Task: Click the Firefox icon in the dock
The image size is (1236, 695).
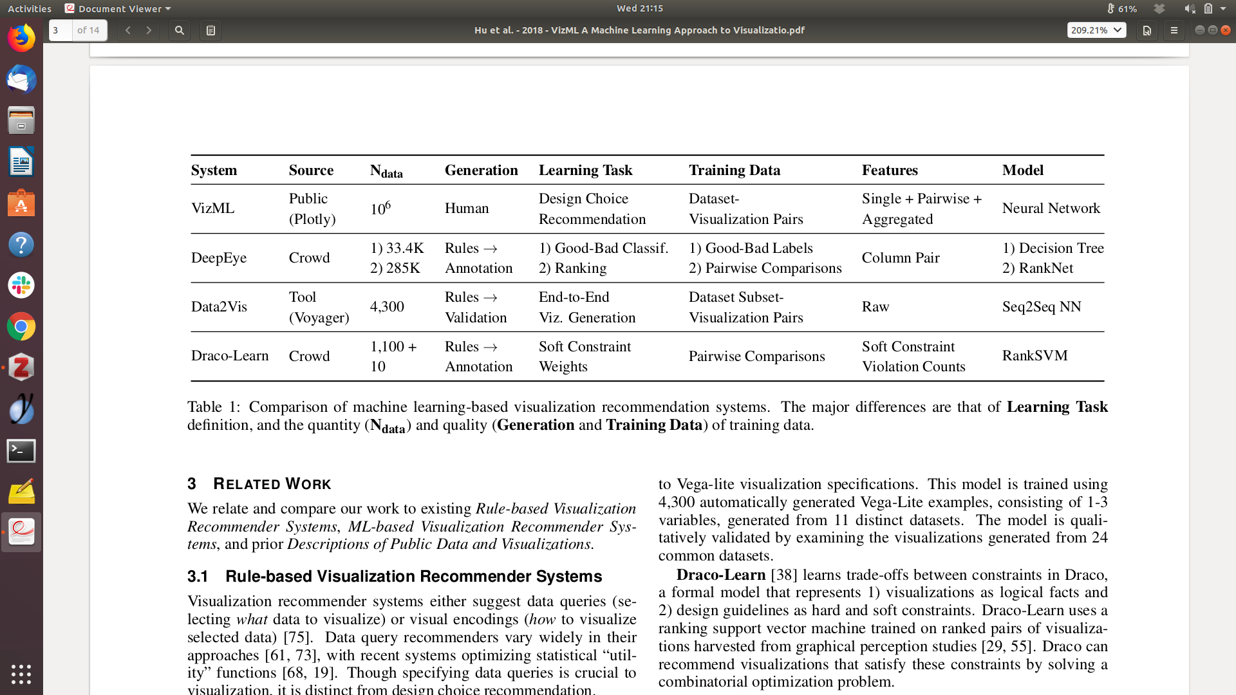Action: coord(21,39)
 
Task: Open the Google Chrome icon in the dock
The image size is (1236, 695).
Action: coord(21,327)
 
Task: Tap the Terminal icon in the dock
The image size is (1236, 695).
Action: coord(21,450)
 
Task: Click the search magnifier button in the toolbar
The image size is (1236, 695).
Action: coord(180,30)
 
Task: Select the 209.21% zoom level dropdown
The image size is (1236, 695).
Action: coord(1096,30)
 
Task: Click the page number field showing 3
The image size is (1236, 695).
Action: coord(61,30)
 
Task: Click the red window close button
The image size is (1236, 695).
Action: coord(1226,30)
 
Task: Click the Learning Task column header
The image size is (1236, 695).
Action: coord(585,171)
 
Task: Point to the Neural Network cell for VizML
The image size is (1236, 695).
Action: coord(1051,208)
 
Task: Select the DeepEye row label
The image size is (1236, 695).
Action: coord(219,258)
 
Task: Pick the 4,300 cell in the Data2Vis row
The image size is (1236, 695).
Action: coord(387,307)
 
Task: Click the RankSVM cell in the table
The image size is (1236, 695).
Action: coord(1035,356)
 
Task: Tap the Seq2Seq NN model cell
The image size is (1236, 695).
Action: coord(1041,307)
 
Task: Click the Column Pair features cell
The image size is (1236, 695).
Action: coord(900,258)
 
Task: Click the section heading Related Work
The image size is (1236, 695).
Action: coord(272,484)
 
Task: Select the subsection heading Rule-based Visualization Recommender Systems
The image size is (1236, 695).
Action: coord(413,577)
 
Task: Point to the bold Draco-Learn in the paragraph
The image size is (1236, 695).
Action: coord(720,575)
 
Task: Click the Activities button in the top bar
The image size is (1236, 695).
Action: coord(30,8)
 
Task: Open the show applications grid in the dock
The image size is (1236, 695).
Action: coord(21,674)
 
